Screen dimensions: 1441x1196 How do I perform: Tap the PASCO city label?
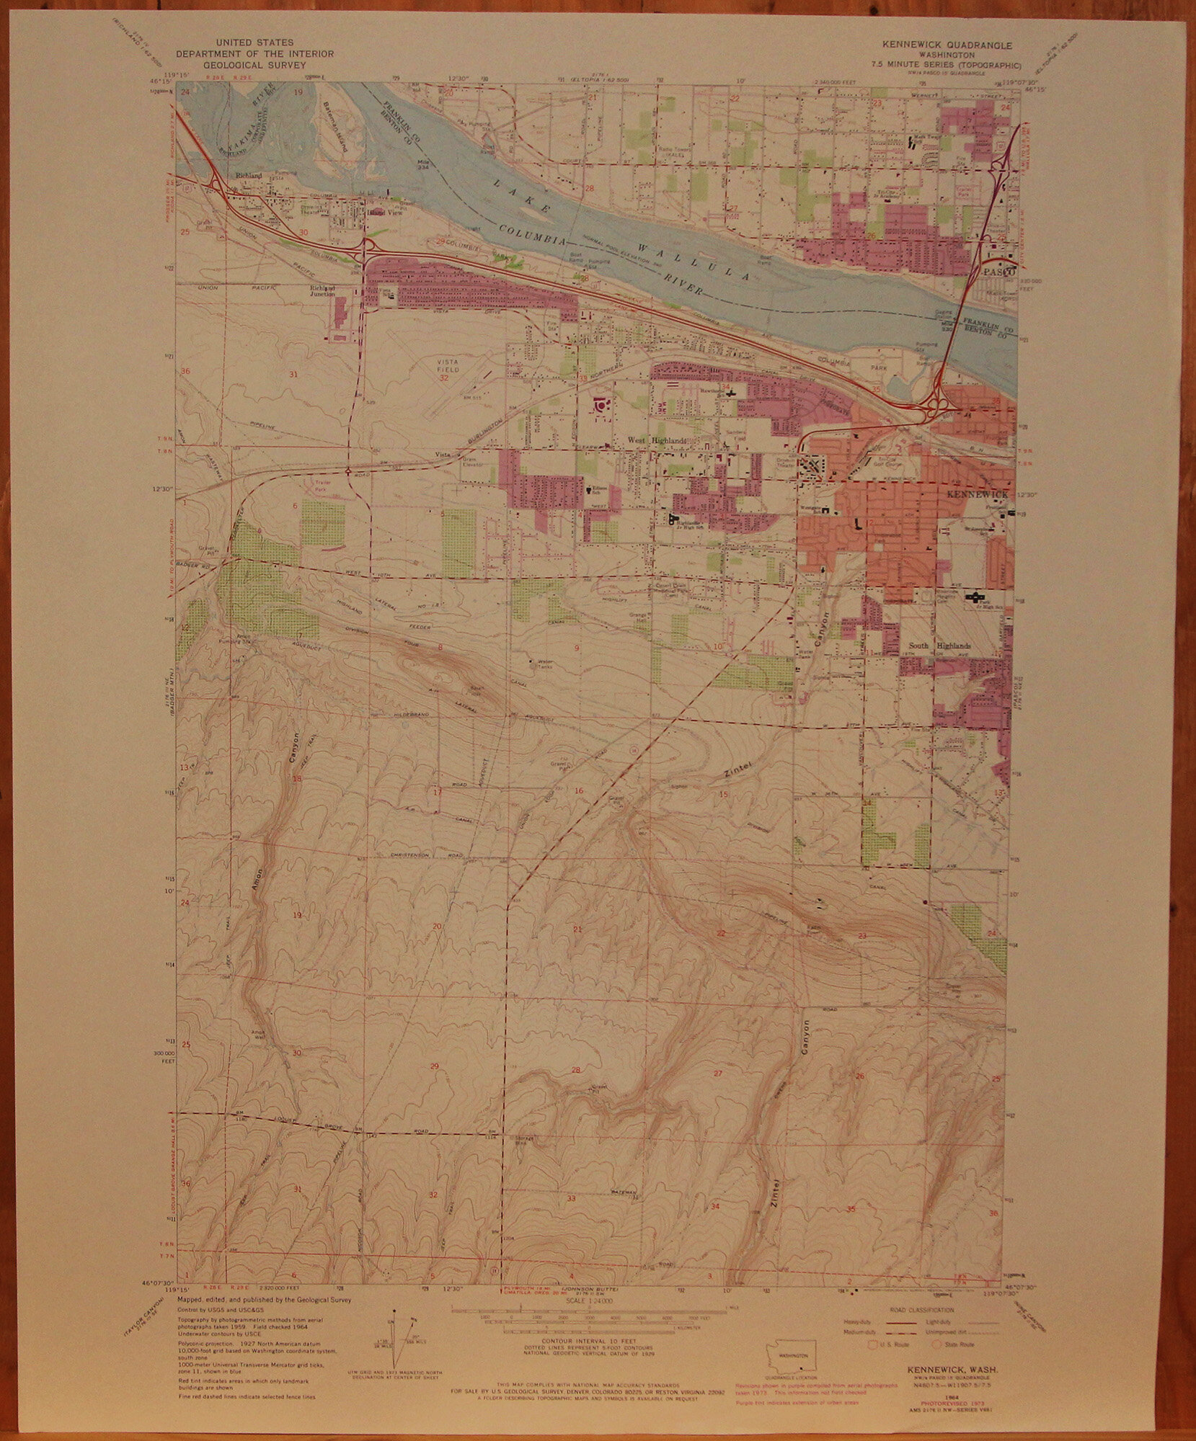[999, 274]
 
